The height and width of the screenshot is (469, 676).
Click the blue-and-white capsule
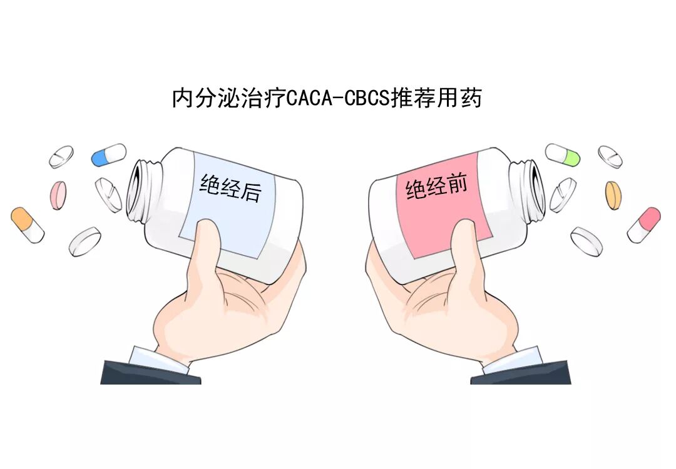[108, 154]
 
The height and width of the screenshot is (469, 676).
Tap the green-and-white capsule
[563, 154]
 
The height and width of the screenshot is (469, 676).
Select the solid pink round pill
[58, 194]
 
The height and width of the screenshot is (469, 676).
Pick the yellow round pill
[613, 195]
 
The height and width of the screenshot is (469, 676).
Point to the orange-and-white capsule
[28, 225]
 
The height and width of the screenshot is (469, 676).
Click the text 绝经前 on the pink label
[436, 186]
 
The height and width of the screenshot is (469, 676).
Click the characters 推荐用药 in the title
[436, 99]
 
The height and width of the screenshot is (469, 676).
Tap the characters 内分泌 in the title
[199, 99]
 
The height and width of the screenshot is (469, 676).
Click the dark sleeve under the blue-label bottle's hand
[150, 373]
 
